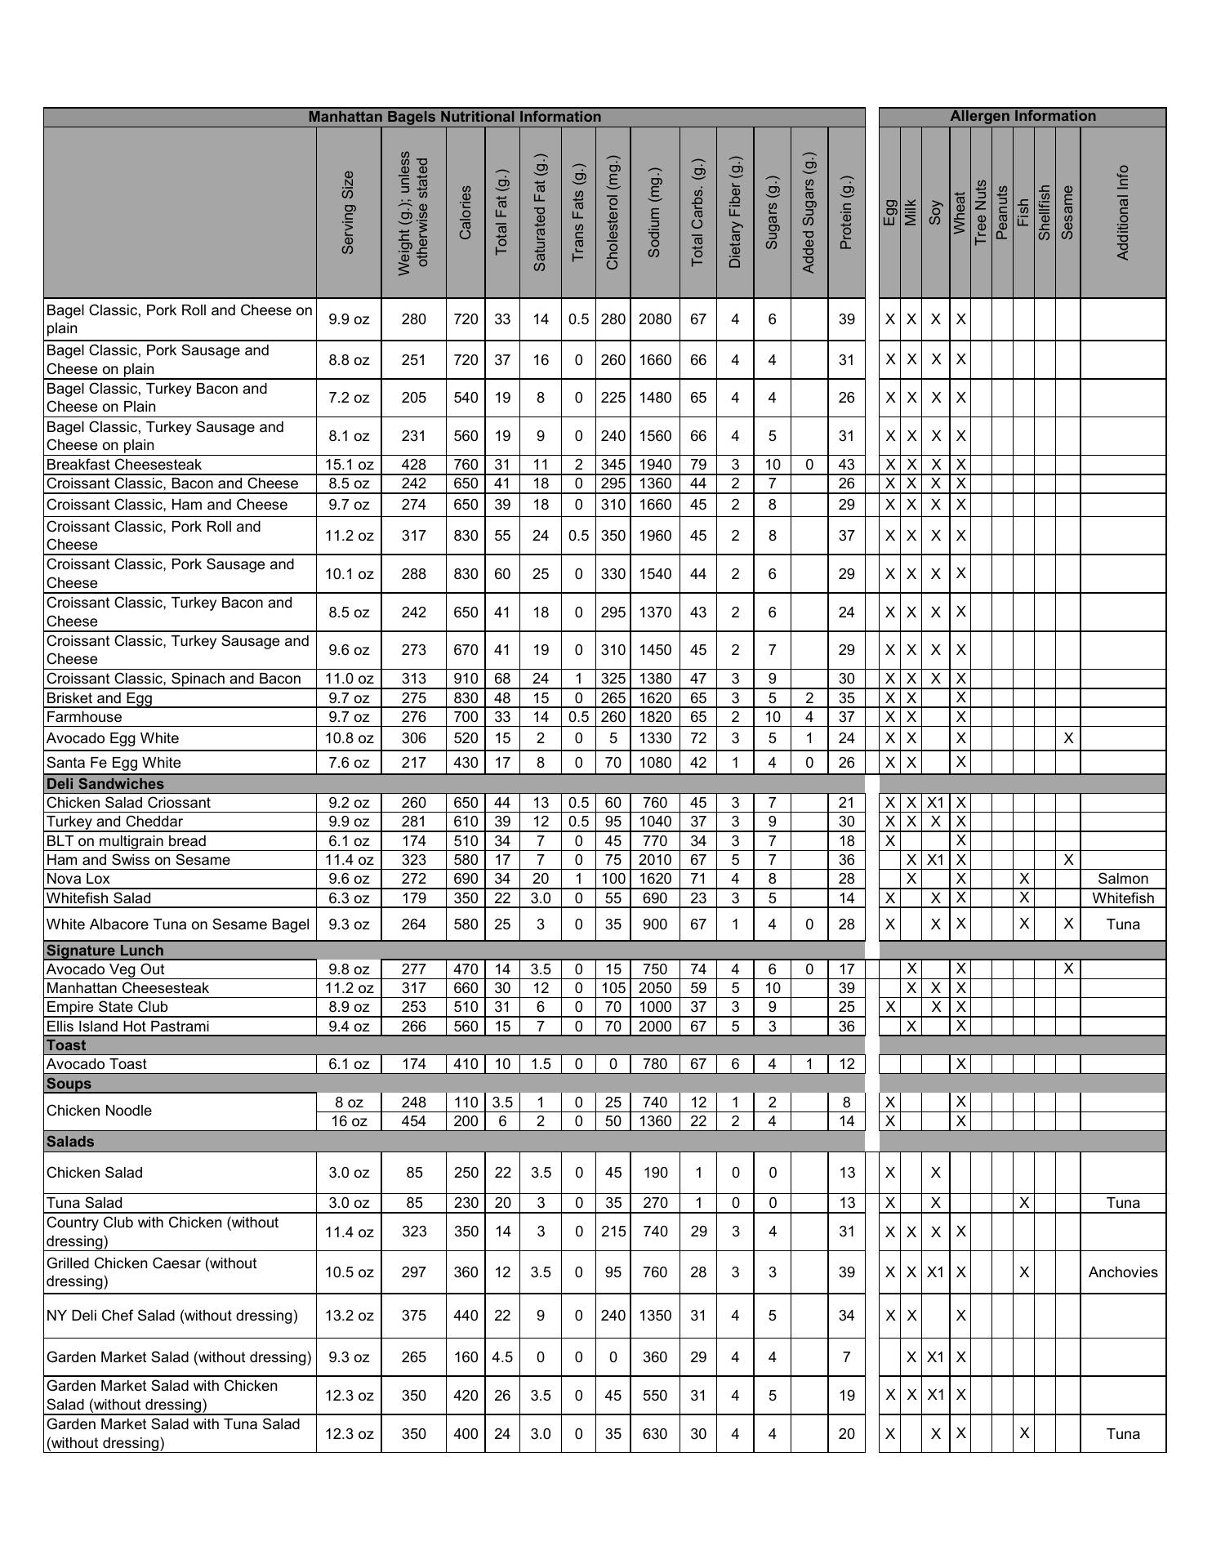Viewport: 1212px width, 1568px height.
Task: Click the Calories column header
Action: pyautogui.click(x=466, y=212)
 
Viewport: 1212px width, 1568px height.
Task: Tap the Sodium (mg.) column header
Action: pyautogui.click(x=654, y=212)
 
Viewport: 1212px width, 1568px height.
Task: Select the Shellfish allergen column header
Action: pyautogui.click(x=1044, y=212)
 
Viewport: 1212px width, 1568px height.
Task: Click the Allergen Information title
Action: pyautogui.click(x=1023, y=116)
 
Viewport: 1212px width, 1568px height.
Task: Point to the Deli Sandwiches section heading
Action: pyautogui.click(x=105, y=784)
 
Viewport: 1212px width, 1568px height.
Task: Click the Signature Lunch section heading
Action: pyautogui.click(x=105, y=951)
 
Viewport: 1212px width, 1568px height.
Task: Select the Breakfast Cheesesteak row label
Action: pyautogui.click(x=124, y=465)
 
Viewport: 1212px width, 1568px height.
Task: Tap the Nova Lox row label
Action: pyautogui.click(x=78, y=879)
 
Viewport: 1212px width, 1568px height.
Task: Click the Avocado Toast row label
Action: pyautogui.click(x=97, y=1064)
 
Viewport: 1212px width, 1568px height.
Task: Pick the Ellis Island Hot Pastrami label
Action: pyautogui.click(x=128, y=1027)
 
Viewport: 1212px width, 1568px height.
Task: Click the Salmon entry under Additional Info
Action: pyautogui.click(x=1123, y=879)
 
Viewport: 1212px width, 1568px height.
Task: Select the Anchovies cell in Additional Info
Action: pyautogui.click(x=1123, y=1272)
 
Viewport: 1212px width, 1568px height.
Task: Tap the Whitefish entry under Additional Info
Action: pyautogui.click(x=1123, y=898)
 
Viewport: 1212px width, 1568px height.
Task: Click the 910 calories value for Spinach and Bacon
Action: pyautogui.click(x=466, y=679)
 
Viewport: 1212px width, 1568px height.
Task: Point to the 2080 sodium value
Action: pyautogui.click(x=654, y=319)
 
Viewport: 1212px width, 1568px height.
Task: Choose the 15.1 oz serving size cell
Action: pyautogui.click(x=349, y=465)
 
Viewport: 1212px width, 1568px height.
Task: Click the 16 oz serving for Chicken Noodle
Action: pyautogui.click(x=349, y=1121)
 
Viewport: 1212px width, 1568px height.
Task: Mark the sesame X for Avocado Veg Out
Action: pyautogui.click(x=1067, y=969)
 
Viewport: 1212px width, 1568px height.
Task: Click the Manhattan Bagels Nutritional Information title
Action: pyautogui.click(x=454, y=117)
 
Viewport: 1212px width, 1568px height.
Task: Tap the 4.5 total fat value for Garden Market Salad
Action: pyautogui.click(x=502, y=1357)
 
